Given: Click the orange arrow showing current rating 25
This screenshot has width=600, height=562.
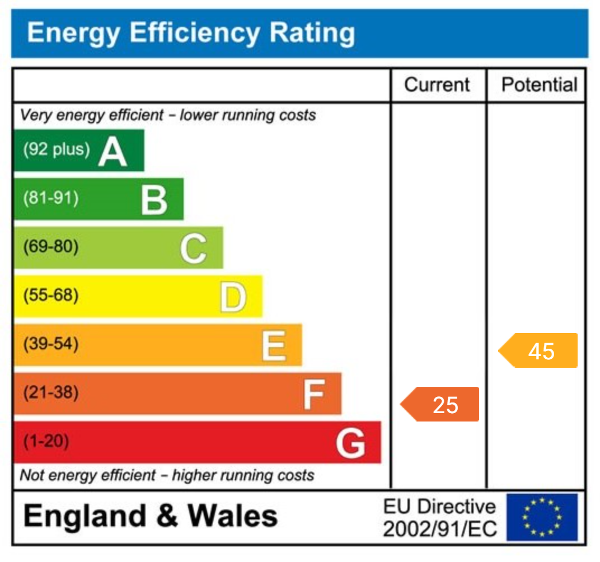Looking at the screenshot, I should coord(440,404).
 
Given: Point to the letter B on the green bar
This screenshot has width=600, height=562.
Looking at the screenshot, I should coord(153,200).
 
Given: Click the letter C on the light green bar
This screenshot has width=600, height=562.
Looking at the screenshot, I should coord(193,249).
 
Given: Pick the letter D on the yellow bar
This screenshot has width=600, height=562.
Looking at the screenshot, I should coord(232,297).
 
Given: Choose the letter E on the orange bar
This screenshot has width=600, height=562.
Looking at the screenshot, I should coord(274,345).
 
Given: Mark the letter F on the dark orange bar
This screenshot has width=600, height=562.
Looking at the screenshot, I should coord(313,394).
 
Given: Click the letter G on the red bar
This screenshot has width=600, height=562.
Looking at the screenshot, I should coord(351,443).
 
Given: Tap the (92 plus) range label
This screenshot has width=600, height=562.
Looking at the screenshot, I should coord(56,149).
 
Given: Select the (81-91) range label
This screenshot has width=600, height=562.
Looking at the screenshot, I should coord(50,198).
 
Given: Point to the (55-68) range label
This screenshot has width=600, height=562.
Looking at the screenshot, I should coord(50,295).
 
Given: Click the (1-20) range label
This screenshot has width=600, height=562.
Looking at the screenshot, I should coord(46,442).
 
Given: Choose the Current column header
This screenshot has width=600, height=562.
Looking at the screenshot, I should coord(437,85).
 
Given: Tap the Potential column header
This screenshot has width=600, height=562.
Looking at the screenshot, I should coord(539,85).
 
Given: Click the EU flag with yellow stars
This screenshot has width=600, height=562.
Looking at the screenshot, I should coord(542,517).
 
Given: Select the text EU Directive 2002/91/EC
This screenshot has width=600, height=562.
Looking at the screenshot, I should coord(439,518).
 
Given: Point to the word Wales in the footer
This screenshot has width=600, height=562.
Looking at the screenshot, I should coord(232,516).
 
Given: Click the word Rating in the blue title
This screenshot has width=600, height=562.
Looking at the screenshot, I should coord(312,33).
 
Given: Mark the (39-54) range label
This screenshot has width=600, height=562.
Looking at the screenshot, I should coord(50,344).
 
